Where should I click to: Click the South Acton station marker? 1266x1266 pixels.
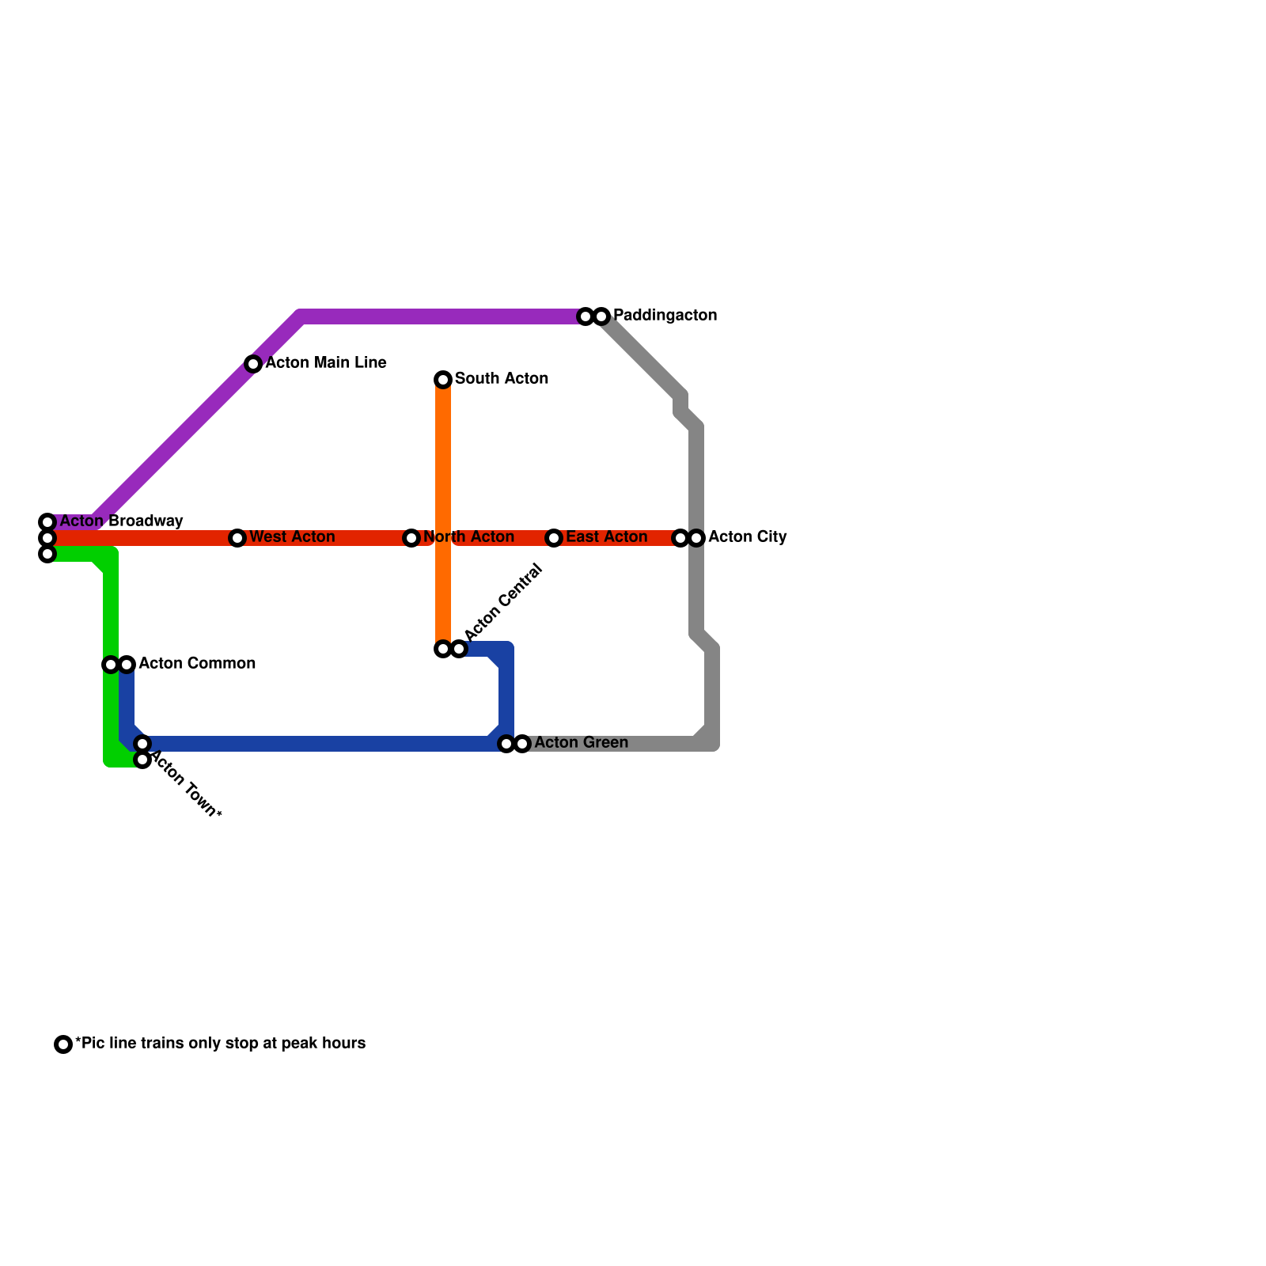pos(443,380)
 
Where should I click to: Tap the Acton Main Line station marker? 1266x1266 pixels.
pos(253,364)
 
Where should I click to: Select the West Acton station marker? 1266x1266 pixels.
pos(237,538)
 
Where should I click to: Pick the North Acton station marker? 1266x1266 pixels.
pos(411,538)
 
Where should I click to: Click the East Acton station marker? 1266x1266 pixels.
pos(554,538)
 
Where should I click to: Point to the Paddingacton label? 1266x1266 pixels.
pos(665,316)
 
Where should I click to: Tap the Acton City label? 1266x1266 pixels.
pos(747,537)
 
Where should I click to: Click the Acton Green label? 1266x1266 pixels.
pos(581,743)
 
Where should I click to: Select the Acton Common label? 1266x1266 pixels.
pos(196,664)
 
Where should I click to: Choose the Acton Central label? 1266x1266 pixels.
pos(503,602)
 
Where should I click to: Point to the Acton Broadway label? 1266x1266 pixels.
pos(121,521)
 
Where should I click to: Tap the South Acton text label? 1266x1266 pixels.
pos(501,379)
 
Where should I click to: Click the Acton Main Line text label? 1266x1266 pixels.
pos(325,363)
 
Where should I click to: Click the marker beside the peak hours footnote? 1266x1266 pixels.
pos(63,1044)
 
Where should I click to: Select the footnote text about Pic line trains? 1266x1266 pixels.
pos(220,1044)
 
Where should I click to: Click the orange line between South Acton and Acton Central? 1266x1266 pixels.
pos(443,475)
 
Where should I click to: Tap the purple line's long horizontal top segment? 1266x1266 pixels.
pos(443,316)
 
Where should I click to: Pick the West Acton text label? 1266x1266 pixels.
pos(292,537)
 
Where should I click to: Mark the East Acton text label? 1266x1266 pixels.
pos(606,537)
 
